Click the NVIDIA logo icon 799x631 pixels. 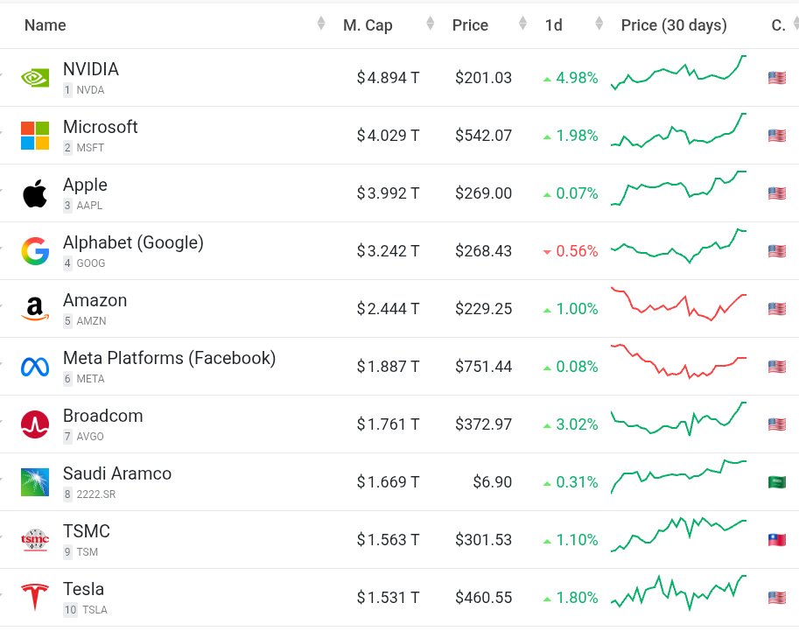coord(35,78)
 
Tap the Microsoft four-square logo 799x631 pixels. coord(35,136)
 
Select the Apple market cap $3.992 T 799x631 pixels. coord(388,193)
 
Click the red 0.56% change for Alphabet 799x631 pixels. coord(571,251)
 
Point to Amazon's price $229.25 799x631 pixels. coord(483,309)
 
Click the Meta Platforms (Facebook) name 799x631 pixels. coord(169,358)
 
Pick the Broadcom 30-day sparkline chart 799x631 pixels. coord(678,419)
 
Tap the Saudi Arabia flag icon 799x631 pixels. coord(776,482)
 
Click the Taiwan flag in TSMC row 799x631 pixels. coord(776,540)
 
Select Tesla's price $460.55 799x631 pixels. coord(483,598)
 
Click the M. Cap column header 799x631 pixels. coord(368,25)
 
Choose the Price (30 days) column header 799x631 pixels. coord(674,25)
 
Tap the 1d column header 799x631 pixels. coord(553,25)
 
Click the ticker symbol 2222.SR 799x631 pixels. coord(96,494)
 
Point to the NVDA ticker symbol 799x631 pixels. coord(90,90)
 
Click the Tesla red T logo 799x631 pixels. coord(35,598)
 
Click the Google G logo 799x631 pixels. coord(35,251)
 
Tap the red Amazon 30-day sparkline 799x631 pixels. coord(678,304)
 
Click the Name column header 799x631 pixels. coord(46,25)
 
